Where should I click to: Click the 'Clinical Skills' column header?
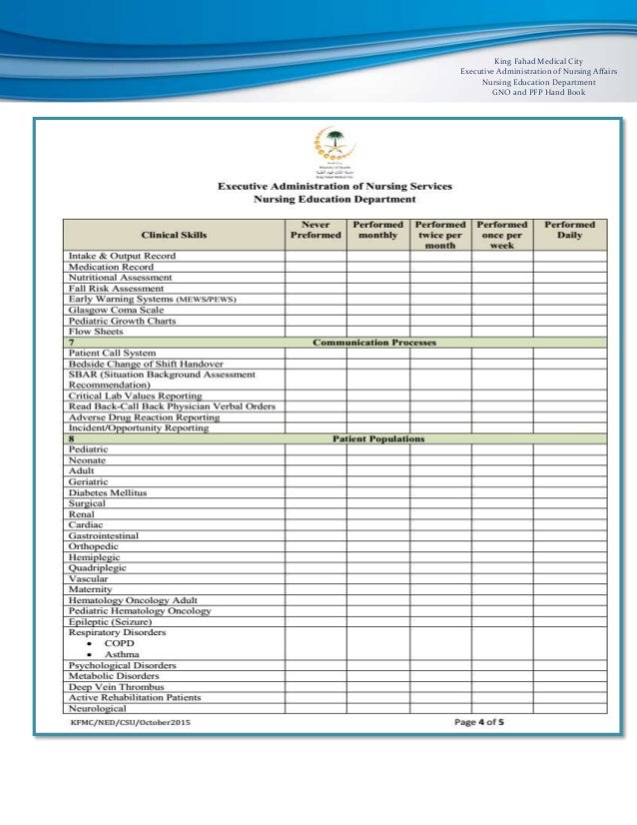click(x=175, y=235)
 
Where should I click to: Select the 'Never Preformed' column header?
click(x=316, y=230)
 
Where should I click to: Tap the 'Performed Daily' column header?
click(x=569, y=230)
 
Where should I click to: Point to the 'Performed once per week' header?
click(x=501, y=235)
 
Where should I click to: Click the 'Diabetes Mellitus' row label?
click(x=107, y=493)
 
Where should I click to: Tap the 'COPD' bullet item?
click(x=119, y=643)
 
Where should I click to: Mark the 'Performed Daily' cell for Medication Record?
click(x=569, y=267)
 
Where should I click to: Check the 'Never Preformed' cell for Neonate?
click(x=316, y=461)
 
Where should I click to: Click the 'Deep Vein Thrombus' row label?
click(x=116, y=687)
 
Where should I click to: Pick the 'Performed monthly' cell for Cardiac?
click(x=377, y=525)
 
